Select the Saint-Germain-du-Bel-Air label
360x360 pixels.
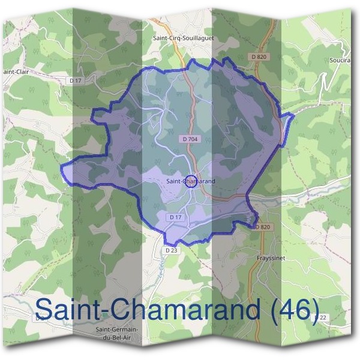tap(117, 334)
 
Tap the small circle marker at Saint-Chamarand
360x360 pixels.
tap(190, 181)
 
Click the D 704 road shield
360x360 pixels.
tap(189, 139)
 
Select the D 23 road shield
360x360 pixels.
tap(171, 250)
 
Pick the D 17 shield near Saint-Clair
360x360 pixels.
tap(76, 80)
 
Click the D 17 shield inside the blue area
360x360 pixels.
tap(175, 217)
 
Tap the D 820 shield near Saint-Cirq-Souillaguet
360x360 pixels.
tap(258, 56)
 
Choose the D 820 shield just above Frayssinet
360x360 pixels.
tap(263, 227)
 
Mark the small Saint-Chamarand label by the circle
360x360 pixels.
tap(190, 181)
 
